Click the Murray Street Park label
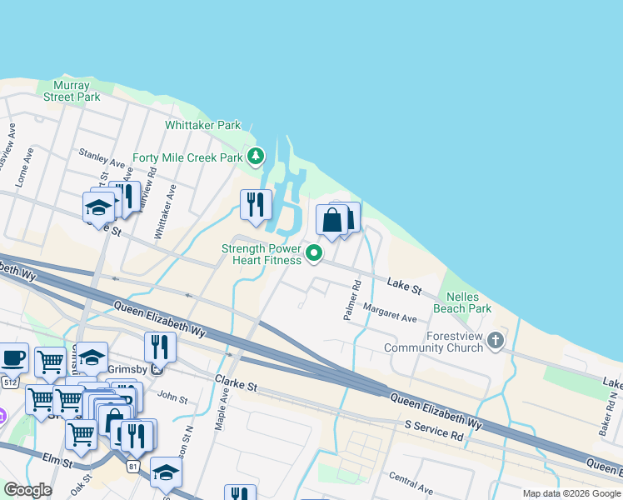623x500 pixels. coord(77,91)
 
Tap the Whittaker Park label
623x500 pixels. coord(202,125)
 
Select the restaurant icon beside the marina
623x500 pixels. coord(256,204)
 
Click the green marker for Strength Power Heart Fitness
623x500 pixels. coord(314,253)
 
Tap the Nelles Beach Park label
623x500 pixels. coord(469,302)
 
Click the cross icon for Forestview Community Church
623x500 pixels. coord(496,339)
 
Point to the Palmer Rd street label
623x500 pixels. coord(351,301)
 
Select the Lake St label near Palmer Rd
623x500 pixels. coord(405,286)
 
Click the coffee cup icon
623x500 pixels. coord(12,357)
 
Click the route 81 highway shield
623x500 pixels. coord(133,467)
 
